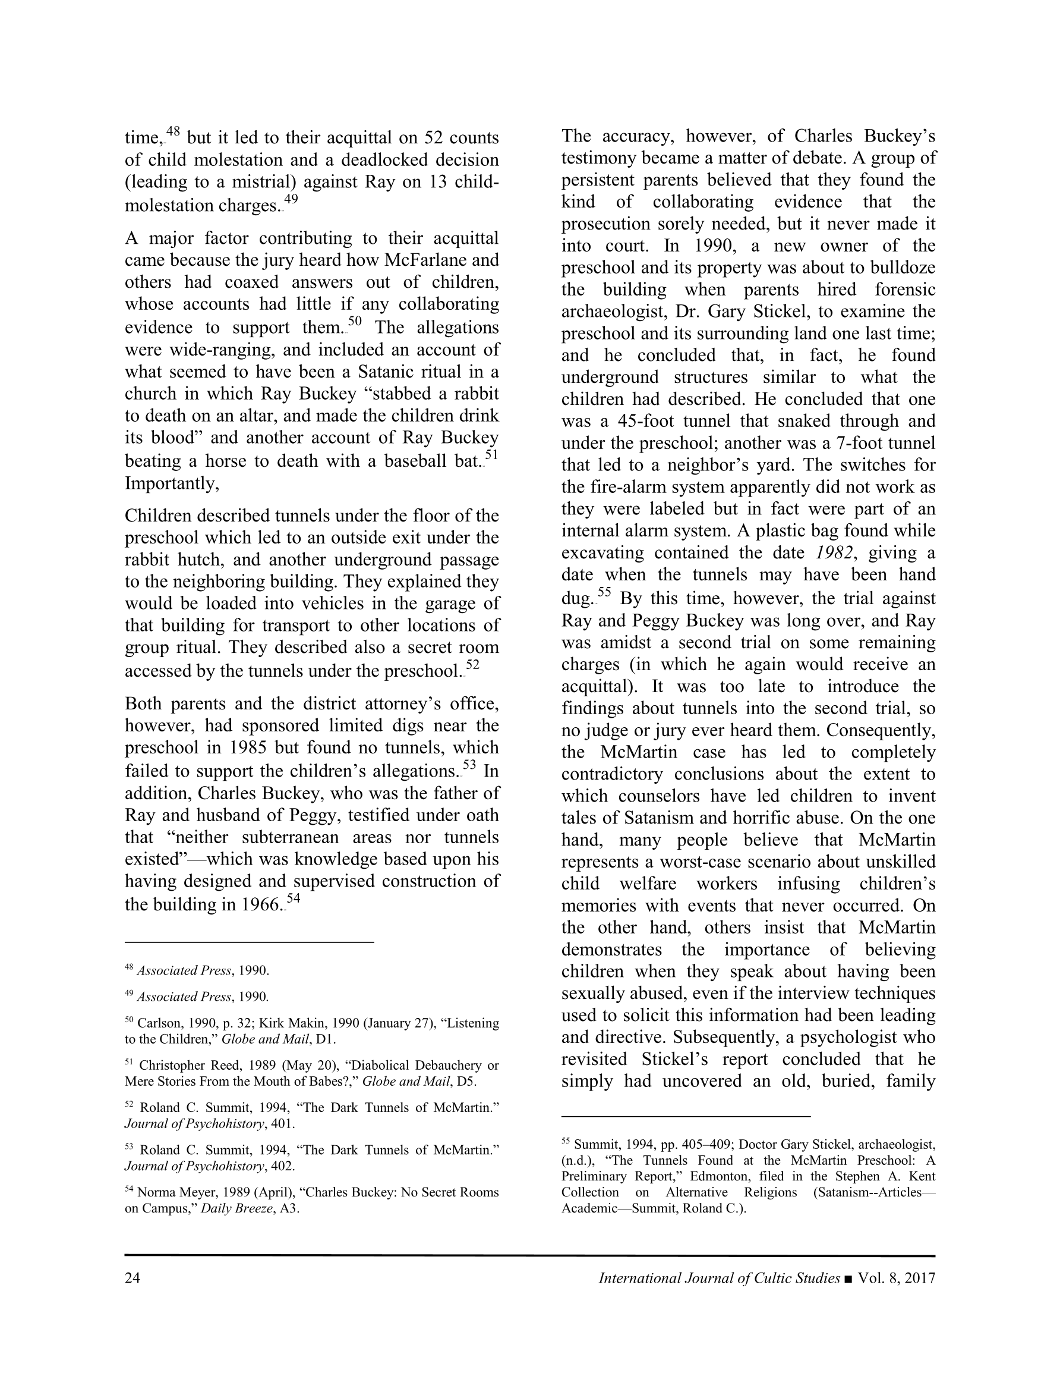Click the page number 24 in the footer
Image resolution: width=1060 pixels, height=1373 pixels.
pos(132,1278)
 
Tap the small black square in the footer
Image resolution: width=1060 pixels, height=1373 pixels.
pos(849,1278)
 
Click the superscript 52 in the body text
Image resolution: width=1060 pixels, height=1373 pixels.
pos(472,664)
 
